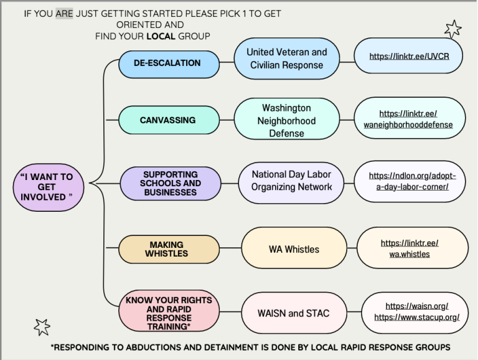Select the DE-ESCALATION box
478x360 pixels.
point(167,63)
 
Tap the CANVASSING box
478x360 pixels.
point(167,120)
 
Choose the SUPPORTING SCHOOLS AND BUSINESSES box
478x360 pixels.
point(170,183)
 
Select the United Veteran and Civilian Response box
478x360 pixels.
point(286,59)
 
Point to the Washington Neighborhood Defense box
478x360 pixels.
point(286,120)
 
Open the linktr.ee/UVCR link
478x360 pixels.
point(409,56)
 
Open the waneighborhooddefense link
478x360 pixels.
point(409,119)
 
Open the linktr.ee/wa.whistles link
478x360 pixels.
point(410,249)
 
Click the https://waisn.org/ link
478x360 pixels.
point(416,306)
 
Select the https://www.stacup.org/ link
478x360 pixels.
point(416,317)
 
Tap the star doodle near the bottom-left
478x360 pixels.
point(42,326)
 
